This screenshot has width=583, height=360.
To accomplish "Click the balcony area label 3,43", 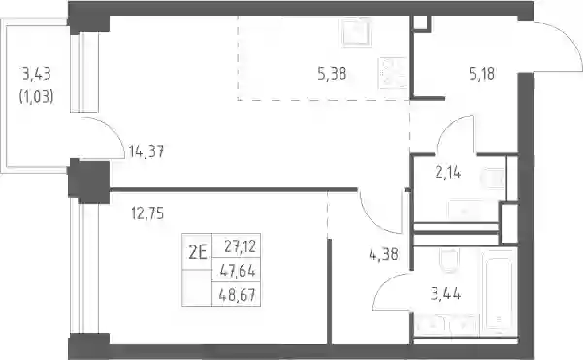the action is point(37,74).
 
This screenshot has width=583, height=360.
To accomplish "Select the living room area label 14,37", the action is point(146,151).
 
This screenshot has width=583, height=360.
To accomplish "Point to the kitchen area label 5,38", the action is point(332,74).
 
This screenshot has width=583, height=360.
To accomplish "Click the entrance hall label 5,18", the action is point(482,74).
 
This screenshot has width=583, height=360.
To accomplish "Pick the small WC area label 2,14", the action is point(448,173).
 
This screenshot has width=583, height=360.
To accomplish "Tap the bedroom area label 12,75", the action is point(147,213).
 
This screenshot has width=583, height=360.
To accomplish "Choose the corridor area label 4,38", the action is point(384,255).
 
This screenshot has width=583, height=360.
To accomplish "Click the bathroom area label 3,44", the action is point(446,294).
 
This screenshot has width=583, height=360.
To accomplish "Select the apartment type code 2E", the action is point(198,253).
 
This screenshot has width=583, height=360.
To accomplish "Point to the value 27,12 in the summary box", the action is point(241,246).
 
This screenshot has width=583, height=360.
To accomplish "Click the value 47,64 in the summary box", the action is point(238,271).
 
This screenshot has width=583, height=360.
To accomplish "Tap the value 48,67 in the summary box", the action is point(238,295).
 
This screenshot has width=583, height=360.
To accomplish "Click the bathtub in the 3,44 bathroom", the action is point(498,290).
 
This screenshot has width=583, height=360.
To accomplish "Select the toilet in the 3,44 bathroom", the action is point(449,260).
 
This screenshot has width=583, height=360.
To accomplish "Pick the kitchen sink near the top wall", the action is point(356,32).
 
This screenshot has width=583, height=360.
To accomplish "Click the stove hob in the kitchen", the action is point(393,74).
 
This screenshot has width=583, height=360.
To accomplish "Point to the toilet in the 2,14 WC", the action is point(493,179).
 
